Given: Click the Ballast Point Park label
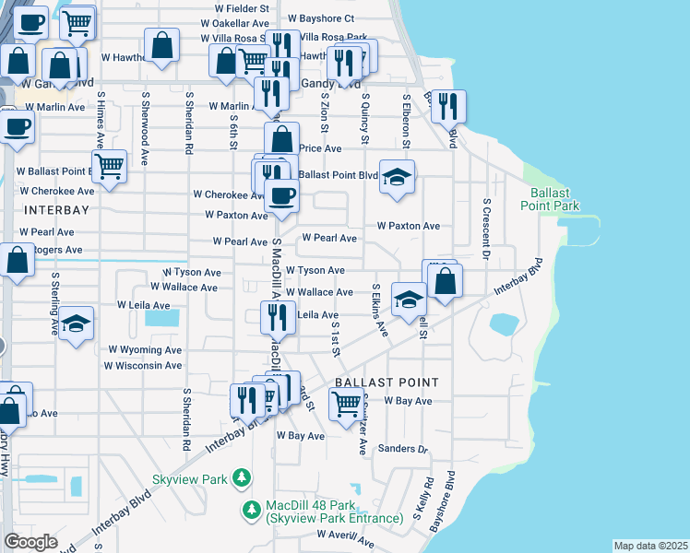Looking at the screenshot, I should click(x=555, y=199).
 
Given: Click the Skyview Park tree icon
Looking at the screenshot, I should click(x=242, y=477).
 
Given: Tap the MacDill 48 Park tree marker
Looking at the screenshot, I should click(x=251, y=509).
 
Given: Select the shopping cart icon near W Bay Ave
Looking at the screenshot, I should click(x=346, y=403).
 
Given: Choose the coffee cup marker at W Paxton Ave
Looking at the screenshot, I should click(x=282, y=194).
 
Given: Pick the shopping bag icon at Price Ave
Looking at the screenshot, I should click(x=282, y=138).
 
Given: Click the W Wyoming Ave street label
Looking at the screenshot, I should click(x=145, y=350).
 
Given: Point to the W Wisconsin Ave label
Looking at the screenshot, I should click(x=143, y=366).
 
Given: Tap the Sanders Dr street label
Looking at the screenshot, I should click(x=404, y=450).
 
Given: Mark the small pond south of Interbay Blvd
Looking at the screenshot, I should click(x=504, y=324).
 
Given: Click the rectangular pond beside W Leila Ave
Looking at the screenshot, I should click(x=162, y=319).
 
